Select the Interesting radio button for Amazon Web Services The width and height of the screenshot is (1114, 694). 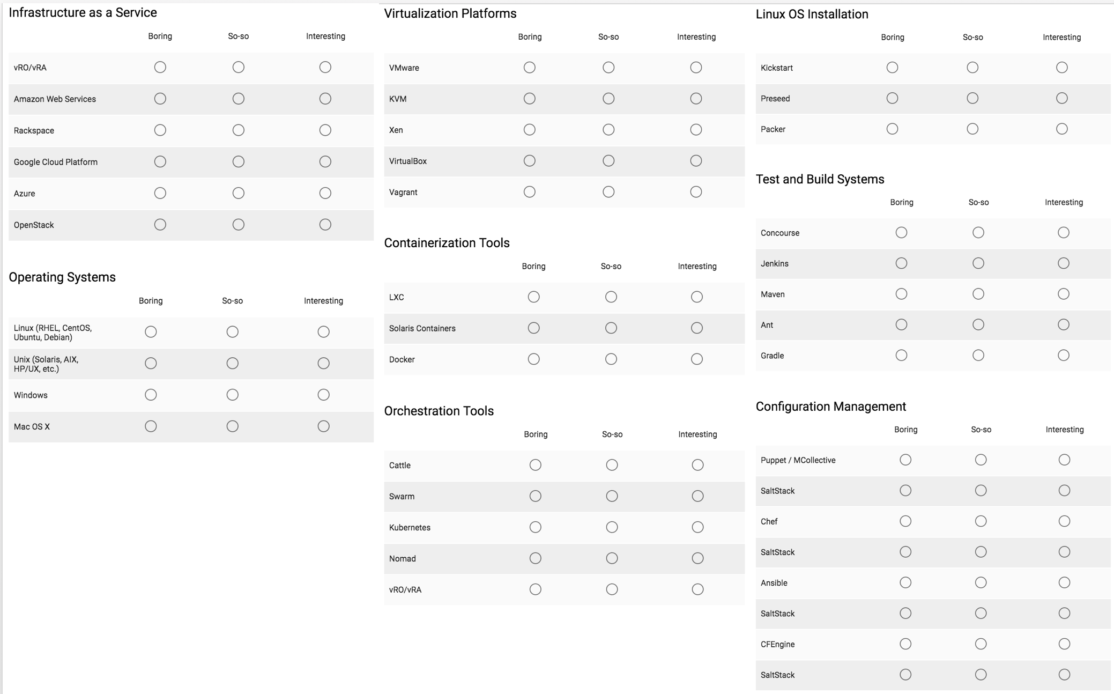(x=325, y=99)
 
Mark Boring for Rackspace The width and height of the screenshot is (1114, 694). (x=160, y=130)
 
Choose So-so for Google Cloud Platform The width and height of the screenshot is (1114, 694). (x=238, y=161)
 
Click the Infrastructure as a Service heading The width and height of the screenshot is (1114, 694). (x=83, y=12)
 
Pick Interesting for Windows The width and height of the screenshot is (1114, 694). (x=323, y=395)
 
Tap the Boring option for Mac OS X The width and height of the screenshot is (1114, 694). (x=151, y=426)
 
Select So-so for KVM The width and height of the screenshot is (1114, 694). (x=608, y=99)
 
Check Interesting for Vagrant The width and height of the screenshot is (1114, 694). (x=696, y=192)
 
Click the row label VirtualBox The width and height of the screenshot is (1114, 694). (x=407, y=161)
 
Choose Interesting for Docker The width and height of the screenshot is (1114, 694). (x=696, y=359)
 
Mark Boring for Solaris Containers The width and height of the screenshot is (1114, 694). (x=533, y=328)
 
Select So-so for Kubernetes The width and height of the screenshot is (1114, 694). (x=612, y=527)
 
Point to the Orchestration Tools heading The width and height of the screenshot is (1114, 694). (x=439, y=411)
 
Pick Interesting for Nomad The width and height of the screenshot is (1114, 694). (x=697, y=558)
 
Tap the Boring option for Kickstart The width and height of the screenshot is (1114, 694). (x=892, y=68)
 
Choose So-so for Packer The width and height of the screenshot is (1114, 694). (x=972, y=129)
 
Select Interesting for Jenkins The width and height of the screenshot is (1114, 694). (x=1063, y=263)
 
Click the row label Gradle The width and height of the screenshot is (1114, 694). (x=772, y=356)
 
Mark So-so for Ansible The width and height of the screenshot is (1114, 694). (x=981, y=582)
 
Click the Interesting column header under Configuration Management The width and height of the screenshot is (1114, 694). (x=1064, y=430)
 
